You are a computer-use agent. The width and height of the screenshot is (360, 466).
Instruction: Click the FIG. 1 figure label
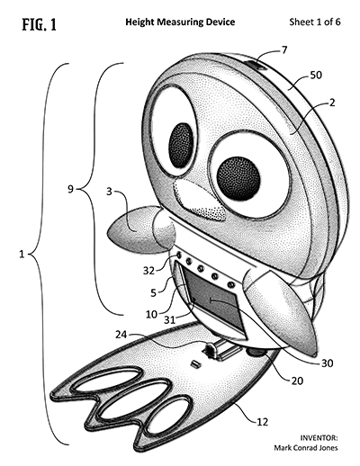pos(40,24)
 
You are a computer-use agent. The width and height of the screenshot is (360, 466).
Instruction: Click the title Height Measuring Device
pos(180,22)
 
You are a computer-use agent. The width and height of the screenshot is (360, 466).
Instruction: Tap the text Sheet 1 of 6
pos(315,22)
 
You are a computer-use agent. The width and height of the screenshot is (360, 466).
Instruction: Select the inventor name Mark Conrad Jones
pos(306,448)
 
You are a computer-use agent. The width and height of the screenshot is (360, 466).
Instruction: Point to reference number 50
pos(316,75)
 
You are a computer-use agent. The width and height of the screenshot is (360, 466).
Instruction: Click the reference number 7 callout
pos(284,49)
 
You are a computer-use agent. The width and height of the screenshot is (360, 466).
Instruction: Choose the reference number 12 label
pos(263,422)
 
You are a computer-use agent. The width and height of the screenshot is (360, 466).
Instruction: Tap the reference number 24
pos(121,335)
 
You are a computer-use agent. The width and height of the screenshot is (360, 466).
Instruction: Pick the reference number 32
pos(148,271)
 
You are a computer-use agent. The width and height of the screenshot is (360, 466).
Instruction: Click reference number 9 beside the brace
pos(70,189)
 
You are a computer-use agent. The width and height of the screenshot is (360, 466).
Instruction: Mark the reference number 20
pos(297,381)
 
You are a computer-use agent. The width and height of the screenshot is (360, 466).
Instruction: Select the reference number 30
pos(328,363)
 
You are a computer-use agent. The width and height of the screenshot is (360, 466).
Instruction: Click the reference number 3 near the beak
pos(110,192)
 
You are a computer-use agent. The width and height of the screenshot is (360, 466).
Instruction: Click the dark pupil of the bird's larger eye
pos(238,178)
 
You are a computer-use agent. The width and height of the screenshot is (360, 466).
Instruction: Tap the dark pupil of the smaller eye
pos(181,145)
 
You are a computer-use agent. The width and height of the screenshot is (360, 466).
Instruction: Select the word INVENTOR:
pos(319,438)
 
